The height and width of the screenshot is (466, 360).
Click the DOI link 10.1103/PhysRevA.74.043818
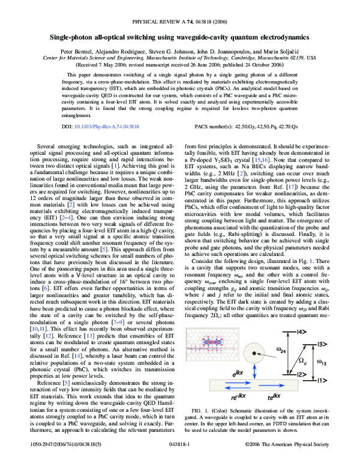108,127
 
